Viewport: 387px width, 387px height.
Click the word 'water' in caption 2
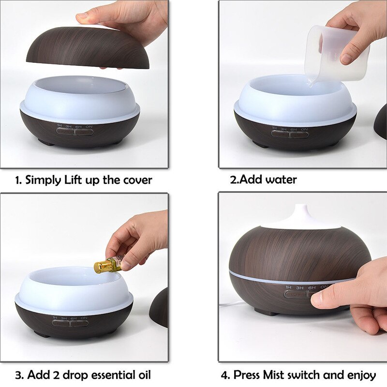click(281, 180)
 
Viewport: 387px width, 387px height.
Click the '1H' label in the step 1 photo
click(60, 126)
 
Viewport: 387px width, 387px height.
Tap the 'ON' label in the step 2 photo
click(304, 129)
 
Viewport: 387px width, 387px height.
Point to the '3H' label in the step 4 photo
click(299, 288)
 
